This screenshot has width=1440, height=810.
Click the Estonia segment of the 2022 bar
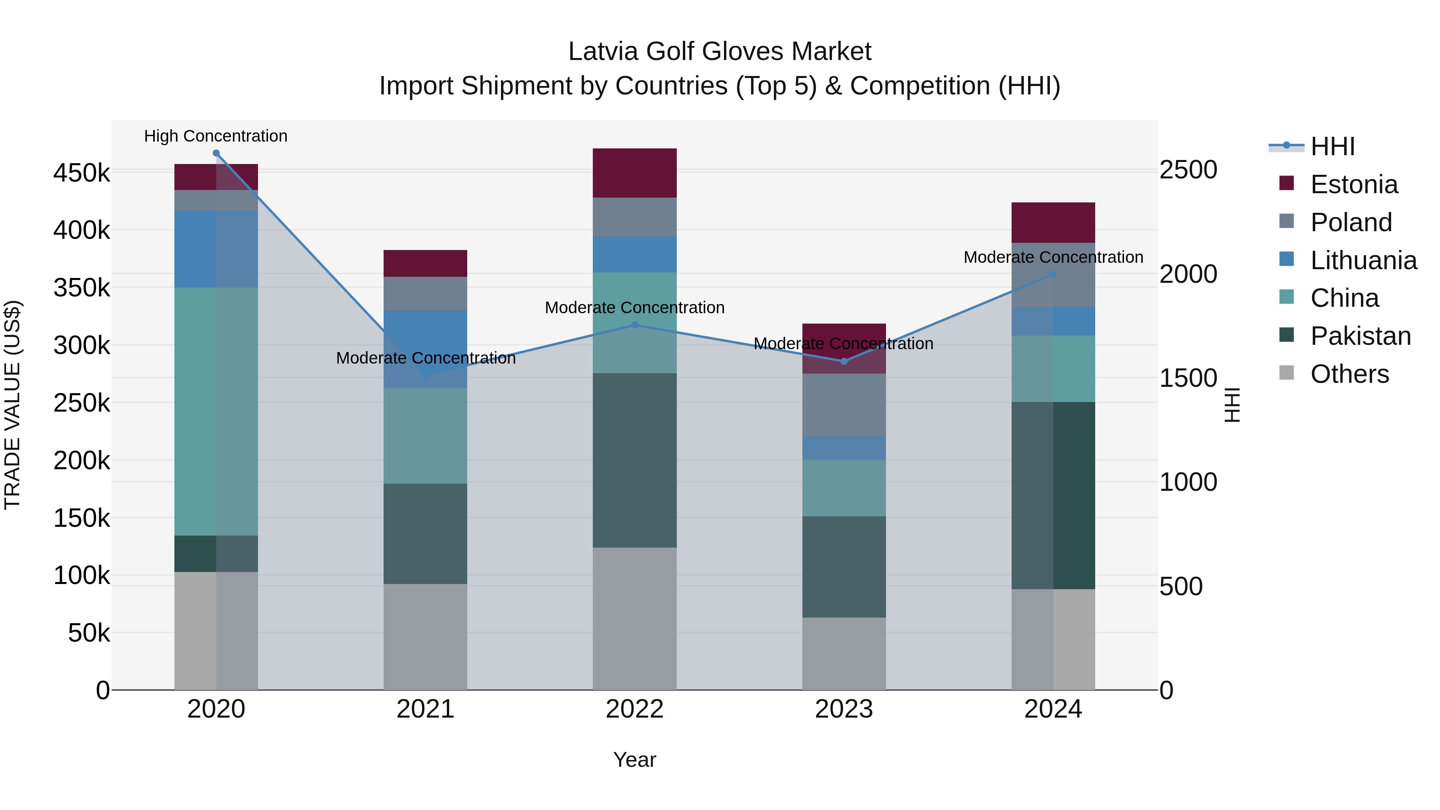pyautogui.click(x=634, y=173)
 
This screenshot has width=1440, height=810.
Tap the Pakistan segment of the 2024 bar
pyautogui.click(x=1053, y=495)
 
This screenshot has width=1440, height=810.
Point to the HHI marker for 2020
pyautogui.click(x=216, y=153)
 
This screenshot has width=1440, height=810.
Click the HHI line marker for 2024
pyautogui.click(x=1053, y=274)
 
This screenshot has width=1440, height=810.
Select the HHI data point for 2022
pyautogui.click(x=634, y=325)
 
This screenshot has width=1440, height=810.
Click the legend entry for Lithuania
pyautogui.click(x=1363, y=260)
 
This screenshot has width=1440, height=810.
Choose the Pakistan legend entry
pyautogui.click(x=1360, y=336)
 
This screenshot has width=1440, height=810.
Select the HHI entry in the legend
pyautogui.click(x=1332, y=146)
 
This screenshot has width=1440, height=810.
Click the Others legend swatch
pyautogui.click(x=1286, y=373)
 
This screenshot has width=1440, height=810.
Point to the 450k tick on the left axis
pyautogui.click(x=82, y=173)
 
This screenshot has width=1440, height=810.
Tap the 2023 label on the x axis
pyautogui.click(x=844, y=709)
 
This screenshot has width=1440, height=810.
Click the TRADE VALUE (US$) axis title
pyautogui.click(x=12, y=405)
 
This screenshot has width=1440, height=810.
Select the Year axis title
pyautogui.click(x=634, y=760)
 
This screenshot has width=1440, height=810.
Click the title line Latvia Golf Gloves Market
pyautogui.click(x=720, y=52)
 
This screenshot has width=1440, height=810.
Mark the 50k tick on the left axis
pyautogui.click(x=88, y=633)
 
